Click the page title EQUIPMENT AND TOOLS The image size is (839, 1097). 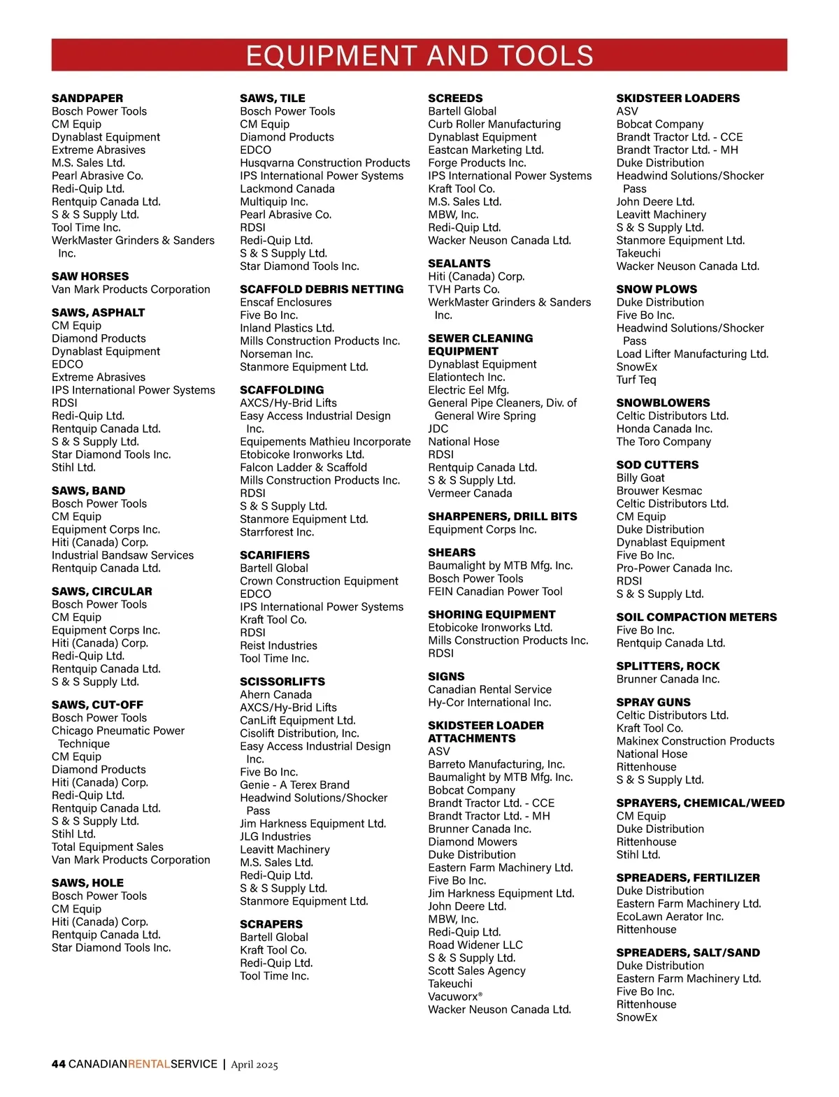click(x=419, y=55)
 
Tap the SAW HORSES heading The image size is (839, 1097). click(x=90, y=276)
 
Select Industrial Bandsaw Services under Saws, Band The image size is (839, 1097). click(x=122, y=555)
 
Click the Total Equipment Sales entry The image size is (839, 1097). click(x=107, y=847)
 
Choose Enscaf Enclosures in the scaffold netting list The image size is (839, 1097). click(x=285, y=302)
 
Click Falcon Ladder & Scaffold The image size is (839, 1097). click(x=303, y=467)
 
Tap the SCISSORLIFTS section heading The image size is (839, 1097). click(x=282, y=682)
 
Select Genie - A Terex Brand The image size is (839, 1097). click(x=294, y=784)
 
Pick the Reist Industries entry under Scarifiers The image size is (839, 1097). click(x=278, y=645)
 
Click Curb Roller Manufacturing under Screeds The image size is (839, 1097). click(x=494, y=124)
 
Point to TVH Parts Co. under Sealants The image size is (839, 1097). click(x=464, y=289)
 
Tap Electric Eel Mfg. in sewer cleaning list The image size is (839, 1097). click(x=468, y=389)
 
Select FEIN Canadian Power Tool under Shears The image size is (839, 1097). click(x=495, y=591)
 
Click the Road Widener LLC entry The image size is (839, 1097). click(x=475, y=945)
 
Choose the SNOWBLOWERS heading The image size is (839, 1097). click(x=663, y=403)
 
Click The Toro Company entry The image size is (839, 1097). click(x=663, y=441)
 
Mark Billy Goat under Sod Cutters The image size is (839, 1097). click(x=640, y=478)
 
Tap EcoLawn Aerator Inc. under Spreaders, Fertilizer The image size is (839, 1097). click(x=669, y=917)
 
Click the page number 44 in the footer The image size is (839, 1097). click(x=59, y=1064)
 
